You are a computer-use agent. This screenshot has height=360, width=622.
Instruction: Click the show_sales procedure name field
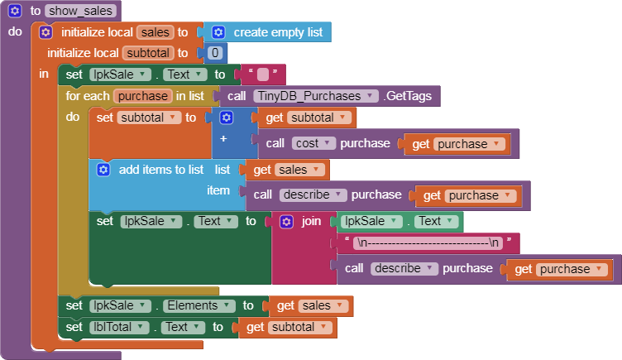(x=80, y=11)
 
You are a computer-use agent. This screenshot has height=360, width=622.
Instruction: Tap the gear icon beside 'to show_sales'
(x=15, y=11)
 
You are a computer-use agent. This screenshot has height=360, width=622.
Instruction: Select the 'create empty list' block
(x=267, y=32)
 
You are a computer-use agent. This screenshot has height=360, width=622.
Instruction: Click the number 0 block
(x=214, y=53)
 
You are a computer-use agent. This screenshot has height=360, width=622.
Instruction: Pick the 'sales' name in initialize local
(x=155, y=32)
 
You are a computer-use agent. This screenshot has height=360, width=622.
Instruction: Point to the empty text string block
(x=262, y=74)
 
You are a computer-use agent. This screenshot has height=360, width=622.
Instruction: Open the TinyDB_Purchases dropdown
(x=316, y=96)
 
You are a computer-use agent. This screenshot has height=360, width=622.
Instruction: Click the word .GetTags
(x=409, y=96)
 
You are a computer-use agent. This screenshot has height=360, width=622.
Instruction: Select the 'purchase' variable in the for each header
(x=143, y=96)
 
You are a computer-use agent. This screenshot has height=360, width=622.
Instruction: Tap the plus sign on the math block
(x=223, y=138)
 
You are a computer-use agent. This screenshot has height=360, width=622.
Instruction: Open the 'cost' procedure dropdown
(x=313, y=143)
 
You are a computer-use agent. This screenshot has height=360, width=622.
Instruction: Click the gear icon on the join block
(x=286, y=222)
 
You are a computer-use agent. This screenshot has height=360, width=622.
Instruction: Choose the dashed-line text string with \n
(x=428, y=242)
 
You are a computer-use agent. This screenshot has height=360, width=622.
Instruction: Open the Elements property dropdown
(x=197, y=305)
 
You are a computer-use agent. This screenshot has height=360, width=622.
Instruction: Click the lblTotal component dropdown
(x=118, y=327)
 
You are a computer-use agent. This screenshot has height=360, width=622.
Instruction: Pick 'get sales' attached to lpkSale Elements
(x=311, y=306)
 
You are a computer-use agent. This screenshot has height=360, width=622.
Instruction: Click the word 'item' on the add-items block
(x=218, y=190)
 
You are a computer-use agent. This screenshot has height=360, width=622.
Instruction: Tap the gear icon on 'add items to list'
(x=103, y=170)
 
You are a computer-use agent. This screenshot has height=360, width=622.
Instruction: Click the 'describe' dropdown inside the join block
(x=404, y=269)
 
